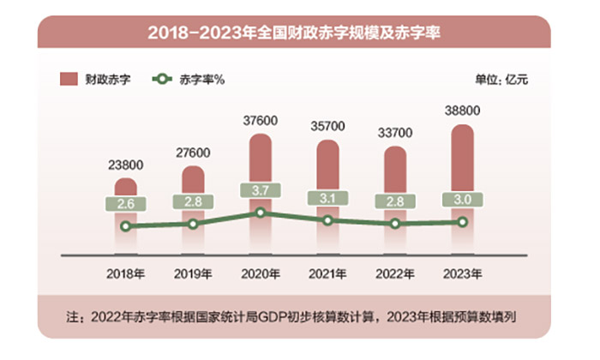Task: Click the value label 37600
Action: click(x=260, y=121)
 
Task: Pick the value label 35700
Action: click(x=327, y=127)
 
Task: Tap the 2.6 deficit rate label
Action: click(x=126, y=204)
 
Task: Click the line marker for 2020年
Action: click(x=261, y=213)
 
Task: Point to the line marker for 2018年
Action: click(x=126, y=226)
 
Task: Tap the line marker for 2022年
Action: click(x=395, y=224)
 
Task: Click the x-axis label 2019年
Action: click(x=193, y=273)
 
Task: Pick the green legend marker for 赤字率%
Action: click(x=160, y=80)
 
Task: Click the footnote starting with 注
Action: click(x=296, y=317)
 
